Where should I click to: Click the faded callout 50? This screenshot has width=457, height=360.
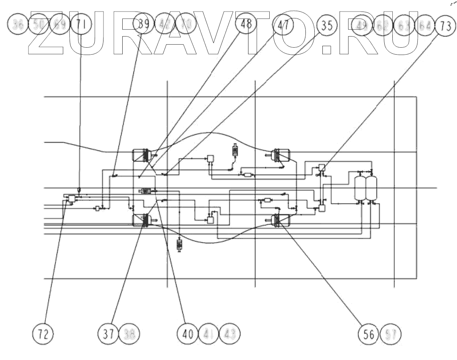tap(39, 26)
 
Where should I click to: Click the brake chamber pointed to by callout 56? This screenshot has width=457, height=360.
tap(277, 220)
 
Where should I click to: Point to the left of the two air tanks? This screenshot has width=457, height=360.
tap(360, 188)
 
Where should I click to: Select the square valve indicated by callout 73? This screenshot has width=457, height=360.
tap(322, 167)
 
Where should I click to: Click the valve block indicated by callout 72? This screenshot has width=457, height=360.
tap(71, 198)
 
